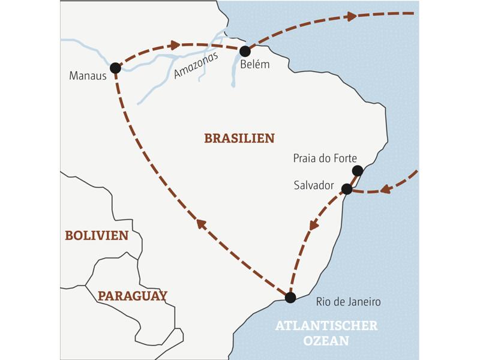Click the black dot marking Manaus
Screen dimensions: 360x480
[115, 68]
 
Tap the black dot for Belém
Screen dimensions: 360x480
[245, 51]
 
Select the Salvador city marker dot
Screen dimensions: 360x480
[346, 189]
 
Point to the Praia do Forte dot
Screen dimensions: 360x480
[358, 170]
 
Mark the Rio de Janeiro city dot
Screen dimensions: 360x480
[290, 297]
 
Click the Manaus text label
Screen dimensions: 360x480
[88, 76]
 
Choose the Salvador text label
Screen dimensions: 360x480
[314, 185]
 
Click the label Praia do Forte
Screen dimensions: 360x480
[325, 158]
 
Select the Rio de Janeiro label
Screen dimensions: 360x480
[348, 302]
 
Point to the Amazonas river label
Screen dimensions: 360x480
[195, 65]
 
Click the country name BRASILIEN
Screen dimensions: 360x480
[239, 138]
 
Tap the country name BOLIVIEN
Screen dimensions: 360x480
[97, 236]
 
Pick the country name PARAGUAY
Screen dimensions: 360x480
[133, 296]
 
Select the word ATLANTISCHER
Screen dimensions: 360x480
[326, 326]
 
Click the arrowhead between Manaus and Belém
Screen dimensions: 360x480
[175, 45]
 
